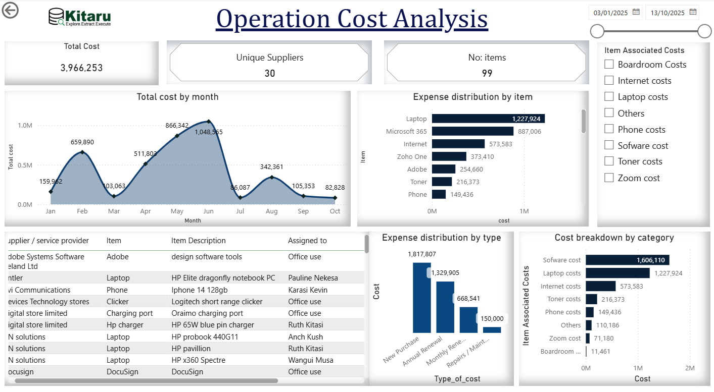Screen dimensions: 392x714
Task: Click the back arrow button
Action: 10,10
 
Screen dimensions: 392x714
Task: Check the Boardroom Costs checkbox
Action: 609,65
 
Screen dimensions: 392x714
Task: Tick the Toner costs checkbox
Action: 609,161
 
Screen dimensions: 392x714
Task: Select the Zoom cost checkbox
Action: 609,178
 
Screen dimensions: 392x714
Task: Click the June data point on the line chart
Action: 209,122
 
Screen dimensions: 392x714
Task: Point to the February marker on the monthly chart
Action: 82,152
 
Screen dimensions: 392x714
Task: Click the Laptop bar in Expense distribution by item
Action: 488,119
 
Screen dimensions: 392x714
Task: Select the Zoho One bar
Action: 449,157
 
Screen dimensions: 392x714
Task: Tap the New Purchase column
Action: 422,297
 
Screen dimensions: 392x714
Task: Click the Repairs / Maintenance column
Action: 492,330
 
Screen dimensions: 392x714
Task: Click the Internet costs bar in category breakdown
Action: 601,287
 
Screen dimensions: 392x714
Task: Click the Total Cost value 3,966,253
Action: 81,68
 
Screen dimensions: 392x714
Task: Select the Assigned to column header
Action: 307,241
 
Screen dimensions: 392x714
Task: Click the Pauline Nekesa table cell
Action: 313,278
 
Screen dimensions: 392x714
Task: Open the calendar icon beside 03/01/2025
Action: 636,12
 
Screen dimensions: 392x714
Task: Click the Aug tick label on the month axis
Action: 272,211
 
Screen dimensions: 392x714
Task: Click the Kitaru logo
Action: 80,17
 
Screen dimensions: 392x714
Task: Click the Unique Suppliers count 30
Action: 270,74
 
